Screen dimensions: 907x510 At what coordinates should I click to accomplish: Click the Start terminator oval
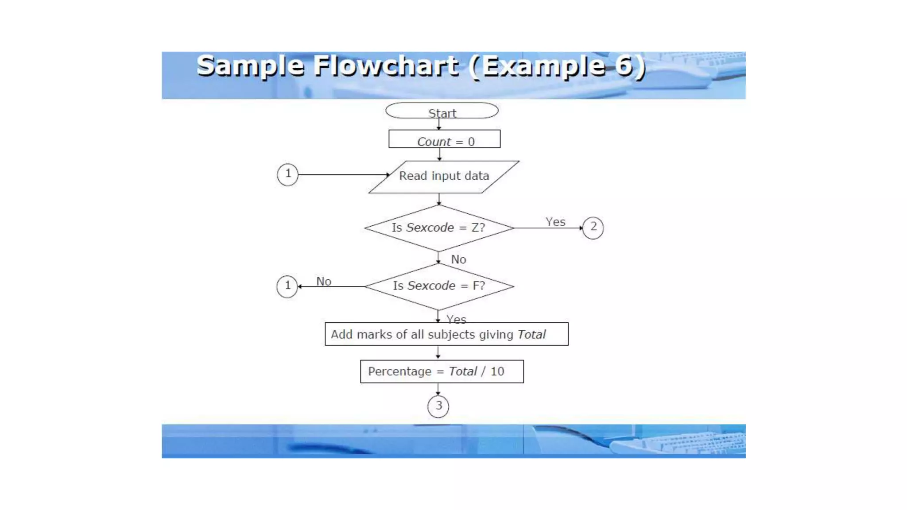(x=442, y=111)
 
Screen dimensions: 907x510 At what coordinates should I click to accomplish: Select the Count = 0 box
(x=444, y=139)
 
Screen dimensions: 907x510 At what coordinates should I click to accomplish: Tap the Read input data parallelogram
(x=444, y=176)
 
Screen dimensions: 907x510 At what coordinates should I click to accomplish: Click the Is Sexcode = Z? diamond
(x=439, y=228)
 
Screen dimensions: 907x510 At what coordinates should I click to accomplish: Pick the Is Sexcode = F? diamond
(x=439, y=286)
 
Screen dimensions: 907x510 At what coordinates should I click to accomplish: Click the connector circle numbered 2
(x=593, y=228)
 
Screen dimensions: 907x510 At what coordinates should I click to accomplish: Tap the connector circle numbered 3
(x=438, y=406)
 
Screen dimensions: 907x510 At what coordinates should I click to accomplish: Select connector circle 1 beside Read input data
(x=287, y=174)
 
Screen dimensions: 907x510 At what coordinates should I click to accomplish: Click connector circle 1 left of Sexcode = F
(x=287, y=286)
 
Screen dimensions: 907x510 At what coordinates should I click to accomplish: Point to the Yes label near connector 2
(x=555, y=222)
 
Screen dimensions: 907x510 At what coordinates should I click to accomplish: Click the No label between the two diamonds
(x=458, y=259)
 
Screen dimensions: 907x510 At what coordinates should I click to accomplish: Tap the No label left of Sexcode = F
(x=324, y=281)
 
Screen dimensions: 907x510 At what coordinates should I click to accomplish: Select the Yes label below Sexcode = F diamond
(x=456, y=319)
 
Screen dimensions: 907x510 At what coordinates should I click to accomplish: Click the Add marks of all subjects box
(x=446, y=334)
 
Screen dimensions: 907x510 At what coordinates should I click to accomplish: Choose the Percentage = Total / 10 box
(x=442, y=371)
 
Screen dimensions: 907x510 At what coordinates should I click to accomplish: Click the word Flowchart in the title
(x=386, y=66)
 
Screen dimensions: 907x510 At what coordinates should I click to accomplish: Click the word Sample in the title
(x=250, y=66)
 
